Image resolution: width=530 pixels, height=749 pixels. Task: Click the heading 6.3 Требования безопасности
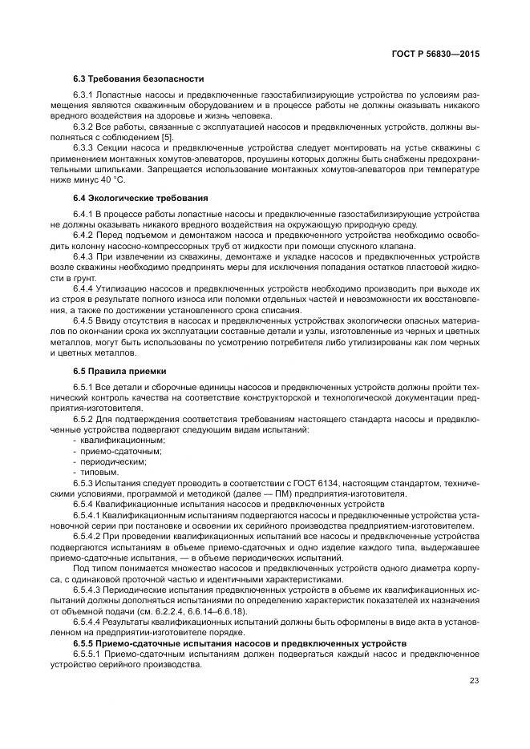(138, 79)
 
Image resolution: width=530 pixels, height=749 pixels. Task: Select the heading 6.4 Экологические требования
(140, 198)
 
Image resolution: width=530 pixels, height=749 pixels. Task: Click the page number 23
(474, 681)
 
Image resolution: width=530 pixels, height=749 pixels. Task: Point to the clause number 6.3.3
(85, 147)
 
